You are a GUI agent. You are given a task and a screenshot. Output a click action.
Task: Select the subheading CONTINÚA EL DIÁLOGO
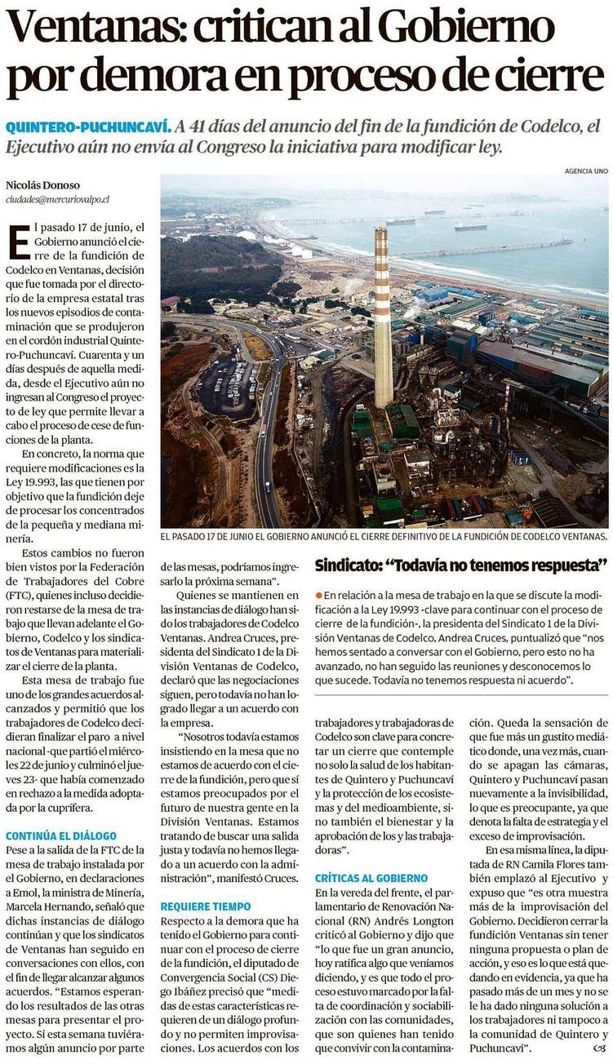[61, 836]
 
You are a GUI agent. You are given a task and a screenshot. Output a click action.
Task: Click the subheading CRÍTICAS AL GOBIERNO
[371, 878]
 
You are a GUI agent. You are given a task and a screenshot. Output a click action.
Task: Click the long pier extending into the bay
[490, 248]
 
